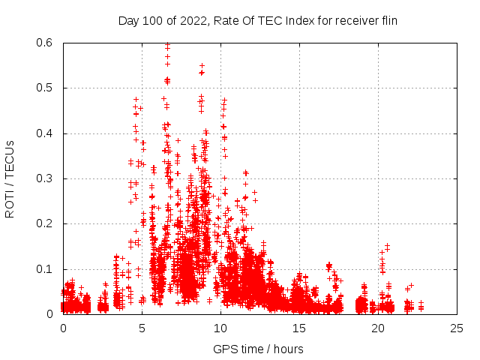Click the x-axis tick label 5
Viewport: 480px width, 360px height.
pos(142,328)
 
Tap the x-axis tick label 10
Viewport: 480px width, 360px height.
pos(220,328)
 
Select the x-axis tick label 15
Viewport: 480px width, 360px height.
pos(299,328)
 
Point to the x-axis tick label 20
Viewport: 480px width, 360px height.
pos(378,328)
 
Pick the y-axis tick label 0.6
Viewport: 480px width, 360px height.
pos(46,43)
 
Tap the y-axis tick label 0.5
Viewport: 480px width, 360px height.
pos(46,88)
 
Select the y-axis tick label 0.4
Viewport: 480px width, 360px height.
pos(46,133)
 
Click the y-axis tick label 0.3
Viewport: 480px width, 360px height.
pos(46,178)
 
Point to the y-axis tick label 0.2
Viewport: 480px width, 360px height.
pos(46,223)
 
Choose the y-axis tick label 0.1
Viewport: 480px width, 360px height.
pos(46,269)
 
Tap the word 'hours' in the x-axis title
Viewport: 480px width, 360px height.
pos(289,349)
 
